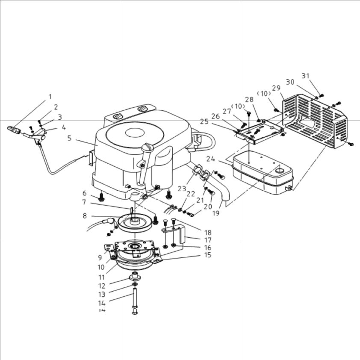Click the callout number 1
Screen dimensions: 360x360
(50, 97)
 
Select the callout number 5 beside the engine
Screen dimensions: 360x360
(69, 138)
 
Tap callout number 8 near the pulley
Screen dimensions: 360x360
(85, 216)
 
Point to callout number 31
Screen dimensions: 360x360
(305, 76)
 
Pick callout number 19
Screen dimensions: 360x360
(216, 212)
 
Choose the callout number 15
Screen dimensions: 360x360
(208, 255)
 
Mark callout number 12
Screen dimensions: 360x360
(102, 286)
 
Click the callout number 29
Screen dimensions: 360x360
(276, 88)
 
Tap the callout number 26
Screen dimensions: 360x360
(215, 116)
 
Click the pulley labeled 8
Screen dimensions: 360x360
(134, 221)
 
